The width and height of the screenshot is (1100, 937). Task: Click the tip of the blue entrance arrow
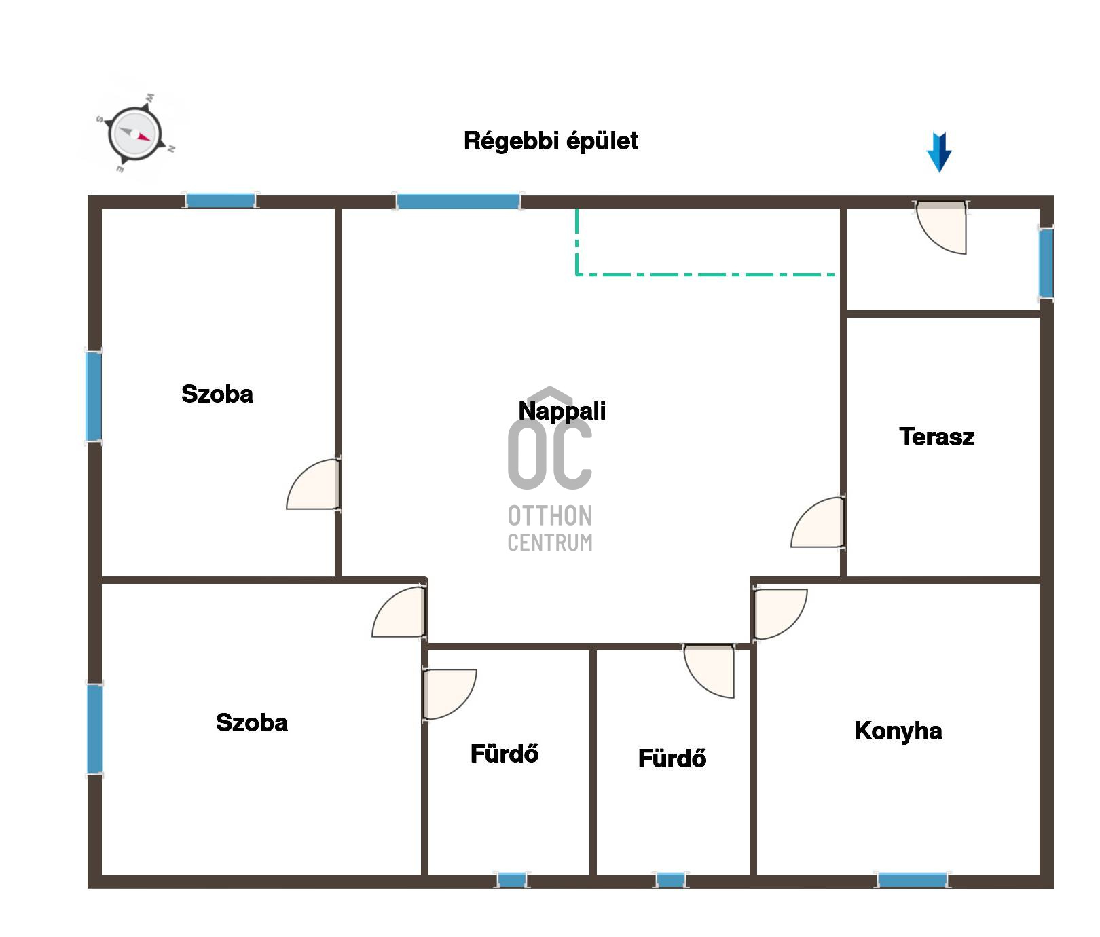pos(939,172)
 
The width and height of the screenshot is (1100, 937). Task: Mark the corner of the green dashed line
pos(577,274)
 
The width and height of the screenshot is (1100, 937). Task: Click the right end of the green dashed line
pos(835,274)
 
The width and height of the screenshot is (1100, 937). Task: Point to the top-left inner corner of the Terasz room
pos(848,318)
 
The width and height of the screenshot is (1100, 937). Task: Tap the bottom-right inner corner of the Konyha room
pos(1040,875)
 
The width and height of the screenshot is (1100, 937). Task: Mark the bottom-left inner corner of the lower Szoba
pos(102,875)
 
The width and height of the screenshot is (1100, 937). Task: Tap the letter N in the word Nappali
pos(526,411)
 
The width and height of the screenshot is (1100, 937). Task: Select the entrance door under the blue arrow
pos(941,227)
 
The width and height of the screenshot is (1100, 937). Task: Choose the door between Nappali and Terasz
pos(818,521)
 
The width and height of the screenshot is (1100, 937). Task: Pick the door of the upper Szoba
pos(313,484)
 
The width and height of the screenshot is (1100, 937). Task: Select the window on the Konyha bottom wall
pos(912,881)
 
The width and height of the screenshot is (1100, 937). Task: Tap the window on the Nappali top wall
pos(458,202)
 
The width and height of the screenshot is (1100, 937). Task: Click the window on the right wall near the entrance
pos(1046,263)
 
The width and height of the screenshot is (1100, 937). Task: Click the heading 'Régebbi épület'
pos(551,141)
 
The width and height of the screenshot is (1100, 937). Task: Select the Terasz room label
pos(936,437)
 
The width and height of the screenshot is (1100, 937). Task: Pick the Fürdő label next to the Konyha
pos(672,758)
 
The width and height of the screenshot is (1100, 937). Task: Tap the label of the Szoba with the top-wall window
pos(217,394)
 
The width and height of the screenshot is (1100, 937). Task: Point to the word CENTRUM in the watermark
pos(550,543)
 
